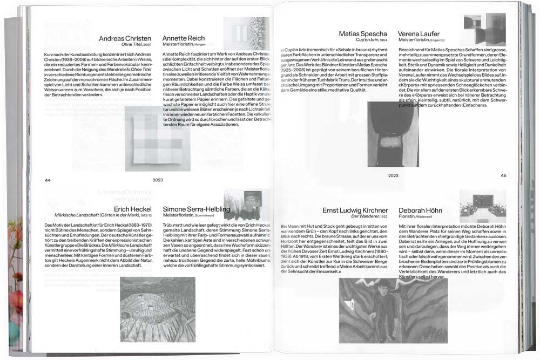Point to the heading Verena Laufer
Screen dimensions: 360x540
419,34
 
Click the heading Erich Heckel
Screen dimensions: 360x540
134,209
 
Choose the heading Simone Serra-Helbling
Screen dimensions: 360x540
197,209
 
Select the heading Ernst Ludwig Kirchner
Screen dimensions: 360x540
355,210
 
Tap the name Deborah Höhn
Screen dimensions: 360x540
421,210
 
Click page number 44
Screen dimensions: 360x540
48,180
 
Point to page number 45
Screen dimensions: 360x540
503,175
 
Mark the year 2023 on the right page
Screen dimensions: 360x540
393,175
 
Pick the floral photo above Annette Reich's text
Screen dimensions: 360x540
246,33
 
